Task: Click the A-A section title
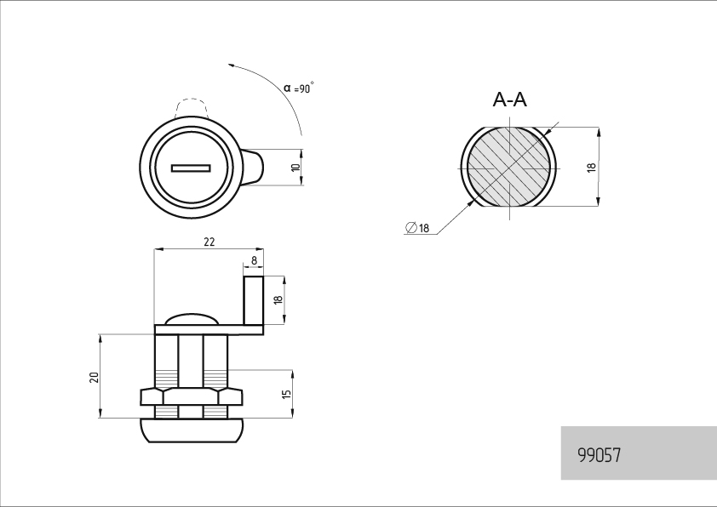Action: (509, 100)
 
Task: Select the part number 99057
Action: (599, 455)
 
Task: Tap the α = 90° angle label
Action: (299, 88)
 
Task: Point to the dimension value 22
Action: (209, 242)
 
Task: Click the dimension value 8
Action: (255, 261)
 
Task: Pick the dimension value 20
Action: (95, 378)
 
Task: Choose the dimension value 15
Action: (286, 394)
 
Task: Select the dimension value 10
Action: (295, 168)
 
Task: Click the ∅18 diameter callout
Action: (417, 227)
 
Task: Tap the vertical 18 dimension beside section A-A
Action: (591, 168)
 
